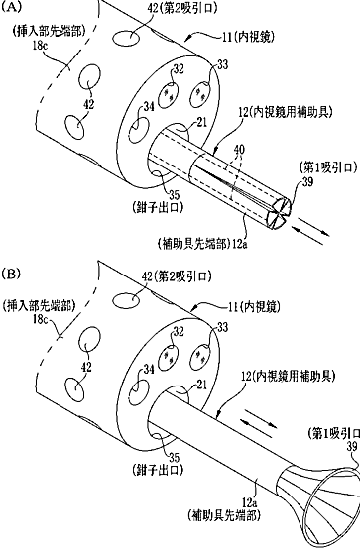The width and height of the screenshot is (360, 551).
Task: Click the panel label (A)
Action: [x=11, y=8]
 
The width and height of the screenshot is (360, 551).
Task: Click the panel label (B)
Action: [x=11, y=274]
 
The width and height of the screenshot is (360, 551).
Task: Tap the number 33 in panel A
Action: [x=222, y=64]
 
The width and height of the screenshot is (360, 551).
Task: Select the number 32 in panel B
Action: [x=179, y=331]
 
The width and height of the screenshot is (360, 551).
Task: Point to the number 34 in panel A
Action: [x=149, y=107]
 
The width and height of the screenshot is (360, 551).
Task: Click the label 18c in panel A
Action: [x=40, y=46]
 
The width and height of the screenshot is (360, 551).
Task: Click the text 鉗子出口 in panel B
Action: [x=159, y=470]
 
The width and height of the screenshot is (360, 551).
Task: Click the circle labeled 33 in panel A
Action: [x=200, y=94]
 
